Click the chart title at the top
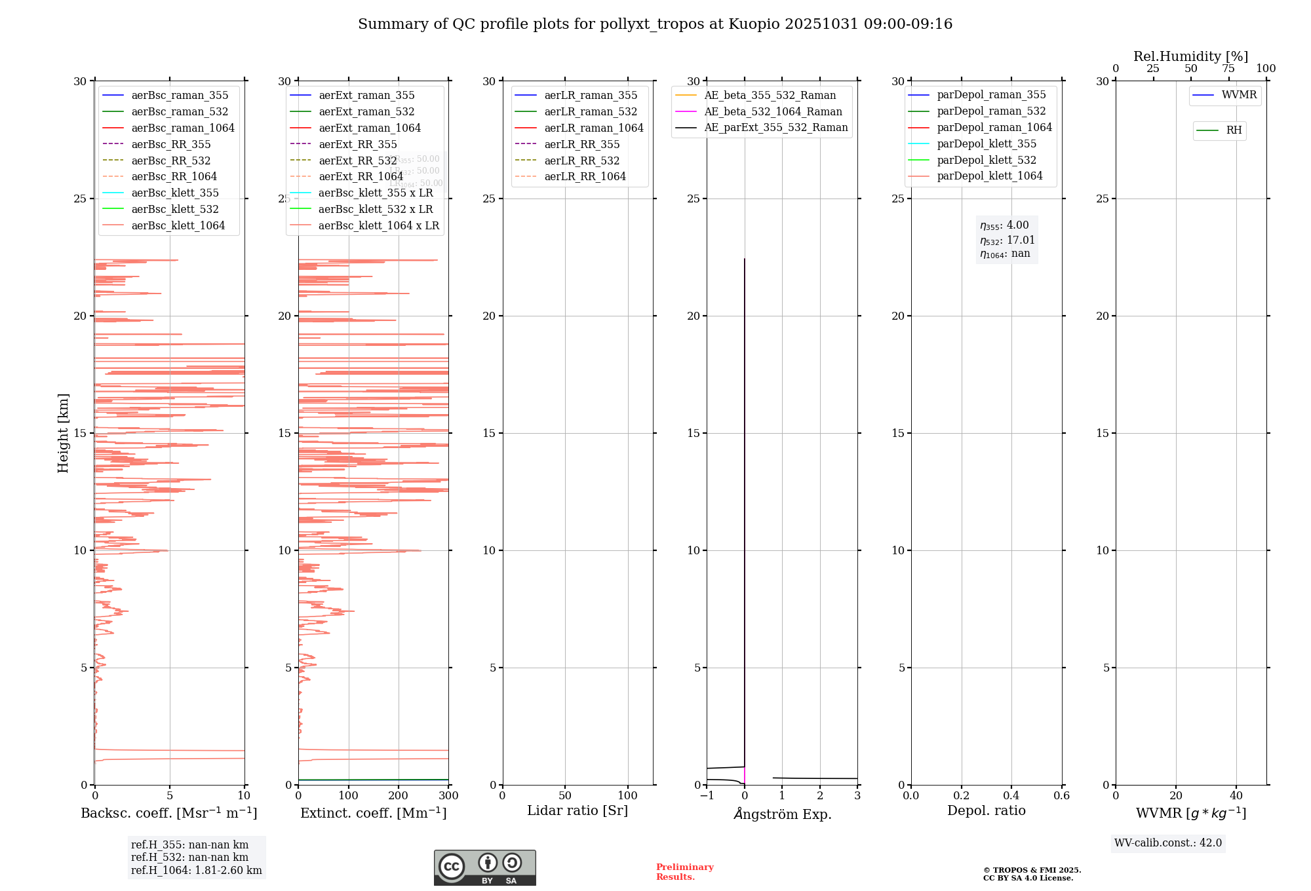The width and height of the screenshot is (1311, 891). click(655, 24)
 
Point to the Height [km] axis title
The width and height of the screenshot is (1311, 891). click(63, 432)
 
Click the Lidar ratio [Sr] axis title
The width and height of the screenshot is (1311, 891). click(577, 810)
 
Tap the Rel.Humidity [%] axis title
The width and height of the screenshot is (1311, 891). click(1190, 56)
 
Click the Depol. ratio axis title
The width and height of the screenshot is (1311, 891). click(986, 810)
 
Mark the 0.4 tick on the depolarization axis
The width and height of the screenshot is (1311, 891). click(1011, 795)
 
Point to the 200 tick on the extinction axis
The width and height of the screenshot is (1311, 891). click(399, 795)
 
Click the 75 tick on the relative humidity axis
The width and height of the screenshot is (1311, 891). click(1228, 69)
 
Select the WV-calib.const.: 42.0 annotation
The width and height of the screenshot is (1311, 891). click(1168, 843)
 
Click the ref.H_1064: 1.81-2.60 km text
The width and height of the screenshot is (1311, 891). click(196, 870)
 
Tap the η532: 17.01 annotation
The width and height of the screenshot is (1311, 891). click(1007, 240)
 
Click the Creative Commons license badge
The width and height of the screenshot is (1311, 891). click(484, 867)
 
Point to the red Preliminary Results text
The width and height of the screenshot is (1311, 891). click(684, 871)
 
